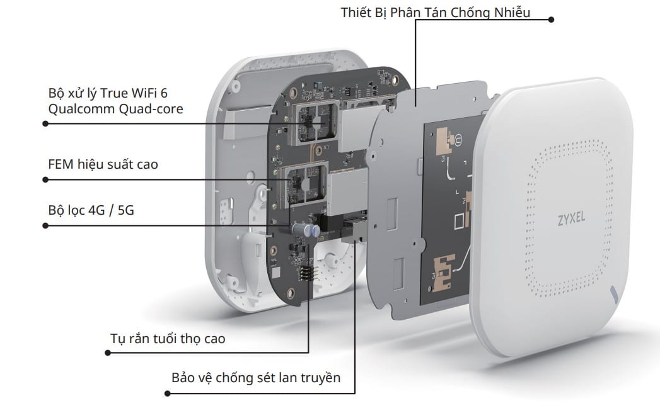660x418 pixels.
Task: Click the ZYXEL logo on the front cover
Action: [571, 218]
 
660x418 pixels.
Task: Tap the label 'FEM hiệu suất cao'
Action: [103, 164]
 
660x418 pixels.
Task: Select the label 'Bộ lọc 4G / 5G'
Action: [91, 210]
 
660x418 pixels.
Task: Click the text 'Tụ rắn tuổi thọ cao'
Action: [168, 339]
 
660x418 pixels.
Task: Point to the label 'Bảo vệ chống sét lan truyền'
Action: [256, 378]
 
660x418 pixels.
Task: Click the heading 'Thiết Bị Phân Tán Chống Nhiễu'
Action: [435, 12]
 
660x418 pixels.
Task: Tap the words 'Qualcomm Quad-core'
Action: [116, 109]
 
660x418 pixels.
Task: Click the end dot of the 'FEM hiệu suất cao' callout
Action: [45, 179]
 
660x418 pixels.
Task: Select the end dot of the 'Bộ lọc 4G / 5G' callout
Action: [45, 226]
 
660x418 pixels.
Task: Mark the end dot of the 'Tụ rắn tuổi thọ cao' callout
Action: [108, 353]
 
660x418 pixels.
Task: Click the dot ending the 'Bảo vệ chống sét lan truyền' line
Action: [168, 393]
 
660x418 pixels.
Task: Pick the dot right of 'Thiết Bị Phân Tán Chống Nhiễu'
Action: [552, 20]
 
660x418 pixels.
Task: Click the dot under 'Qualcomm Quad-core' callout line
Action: [45, 123]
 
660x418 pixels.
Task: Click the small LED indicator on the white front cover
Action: [614, 293]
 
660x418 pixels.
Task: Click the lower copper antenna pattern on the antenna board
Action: [444, 271]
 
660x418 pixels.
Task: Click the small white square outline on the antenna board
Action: [460, 221]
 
